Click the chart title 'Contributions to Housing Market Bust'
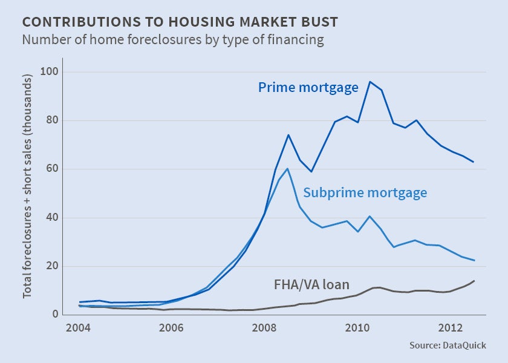click(180, 22)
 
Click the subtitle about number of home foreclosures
click(173, 41)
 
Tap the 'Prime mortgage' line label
click(308, 88)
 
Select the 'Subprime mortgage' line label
click(365, 193)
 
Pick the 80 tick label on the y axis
click(51, 120)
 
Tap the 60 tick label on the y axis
click(51, 169)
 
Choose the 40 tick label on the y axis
click(51, 218)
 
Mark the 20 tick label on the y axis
click(51, 266)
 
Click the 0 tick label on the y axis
click(54, 315)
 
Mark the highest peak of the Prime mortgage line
click(370, 82)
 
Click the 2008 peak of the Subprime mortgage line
click(288, 168)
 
